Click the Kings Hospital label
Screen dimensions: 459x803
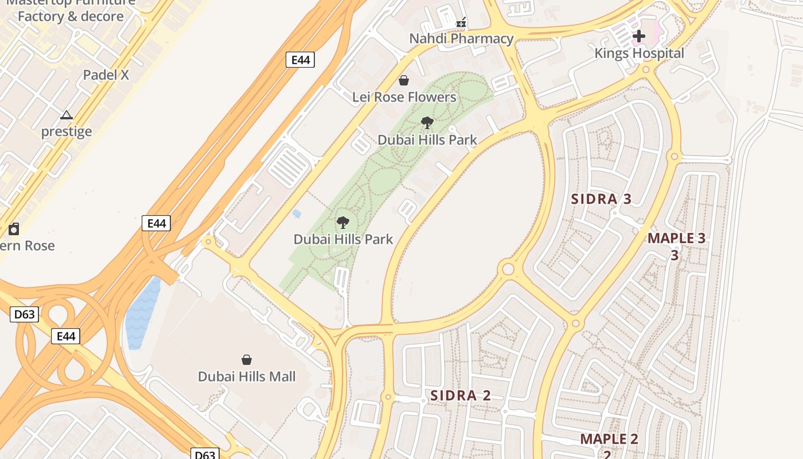(x=639, y=53)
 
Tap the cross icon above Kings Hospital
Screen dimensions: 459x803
(x=638, y=36)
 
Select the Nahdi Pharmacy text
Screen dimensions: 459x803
(x=461, y=38)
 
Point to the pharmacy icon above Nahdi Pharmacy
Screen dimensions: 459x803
(x=461, y=23)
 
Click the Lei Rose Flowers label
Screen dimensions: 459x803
(x=404, y=97)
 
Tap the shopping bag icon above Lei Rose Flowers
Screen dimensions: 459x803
(x=404, y=80)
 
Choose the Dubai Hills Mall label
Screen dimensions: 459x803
(x=247, y=376)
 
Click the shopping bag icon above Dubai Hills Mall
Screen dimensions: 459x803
(x=246, y=360)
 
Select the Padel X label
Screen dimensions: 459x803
(x=106, y=75)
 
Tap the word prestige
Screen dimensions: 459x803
(x=67, y=131)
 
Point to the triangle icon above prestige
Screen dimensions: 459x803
(x=67, y=115)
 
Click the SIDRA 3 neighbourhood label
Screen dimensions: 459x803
(x=602, y=199)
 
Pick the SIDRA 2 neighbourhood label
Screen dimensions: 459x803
(x=461, y=395)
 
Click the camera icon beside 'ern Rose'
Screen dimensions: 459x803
(x=14, y=229)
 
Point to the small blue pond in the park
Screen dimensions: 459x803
(x=297, y=214)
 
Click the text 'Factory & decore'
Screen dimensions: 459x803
(x=71, y=16)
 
